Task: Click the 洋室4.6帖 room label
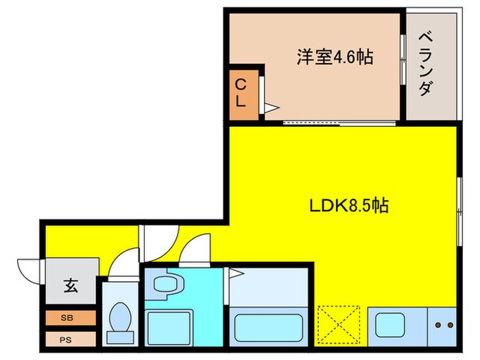click(x=334, y=57)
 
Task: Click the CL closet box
click(x=242, y=92)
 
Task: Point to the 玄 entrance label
click(x=71, y=284)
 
